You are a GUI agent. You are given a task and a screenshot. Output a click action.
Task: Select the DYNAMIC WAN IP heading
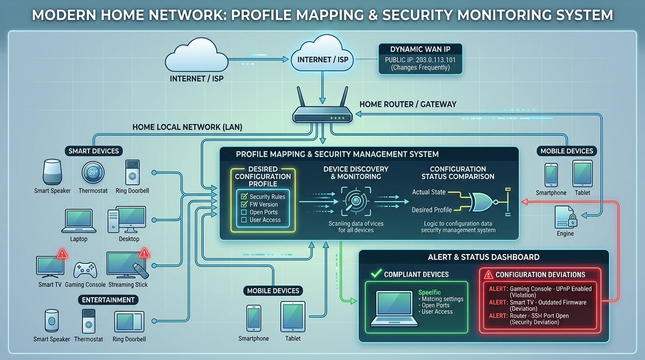(x=420, y=49)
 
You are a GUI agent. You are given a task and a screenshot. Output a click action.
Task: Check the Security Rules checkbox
(x=244, y=197)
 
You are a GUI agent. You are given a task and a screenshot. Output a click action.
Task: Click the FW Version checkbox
(x=244, y=204)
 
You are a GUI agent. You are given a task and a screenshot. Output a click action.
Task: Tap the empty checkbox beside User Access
(x=244, y=220)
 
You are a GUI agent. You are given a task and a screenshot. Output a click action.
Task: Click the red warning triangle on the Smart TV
(x=62, y=254)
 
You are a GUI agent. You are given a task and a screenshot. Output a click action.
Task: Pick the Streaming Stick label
(x=128, y=285)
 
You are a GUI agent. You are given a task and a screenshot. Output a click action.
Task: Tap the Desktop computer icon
(x=127, y=219)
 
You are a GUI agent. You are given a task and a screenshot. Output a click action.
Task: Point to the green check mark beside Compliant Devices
(x=376, y=274)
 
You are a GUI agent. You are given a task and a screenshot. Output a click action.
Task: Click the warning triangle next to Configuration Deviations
(x=488, y=275)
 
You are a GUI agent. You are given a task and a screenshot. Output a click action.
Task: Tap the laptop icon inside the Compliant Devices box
(x=394, y=307)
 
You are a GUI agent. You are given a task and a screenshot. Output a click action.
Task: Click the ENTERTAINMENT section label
(x=108, y=300)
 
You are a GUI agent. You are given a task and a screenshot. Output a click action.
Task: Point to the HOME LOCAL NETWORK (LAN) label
(x=187, y=127)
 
